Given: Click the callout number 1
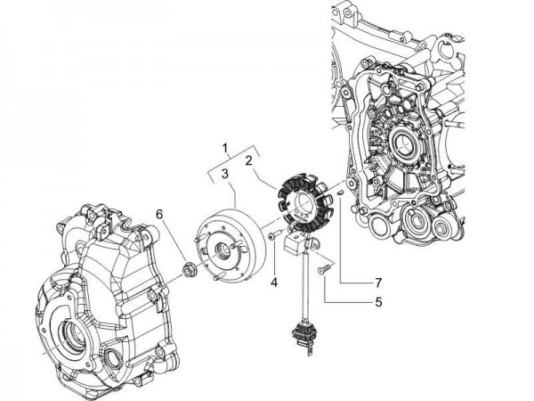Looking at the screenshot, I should coord(225,146).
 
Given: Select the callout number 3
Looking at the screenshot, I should coord(225,172).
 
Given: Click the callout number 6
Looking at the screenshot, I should coord(159,215).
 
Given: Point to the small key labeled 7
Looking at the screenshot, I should coord(343,191).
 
